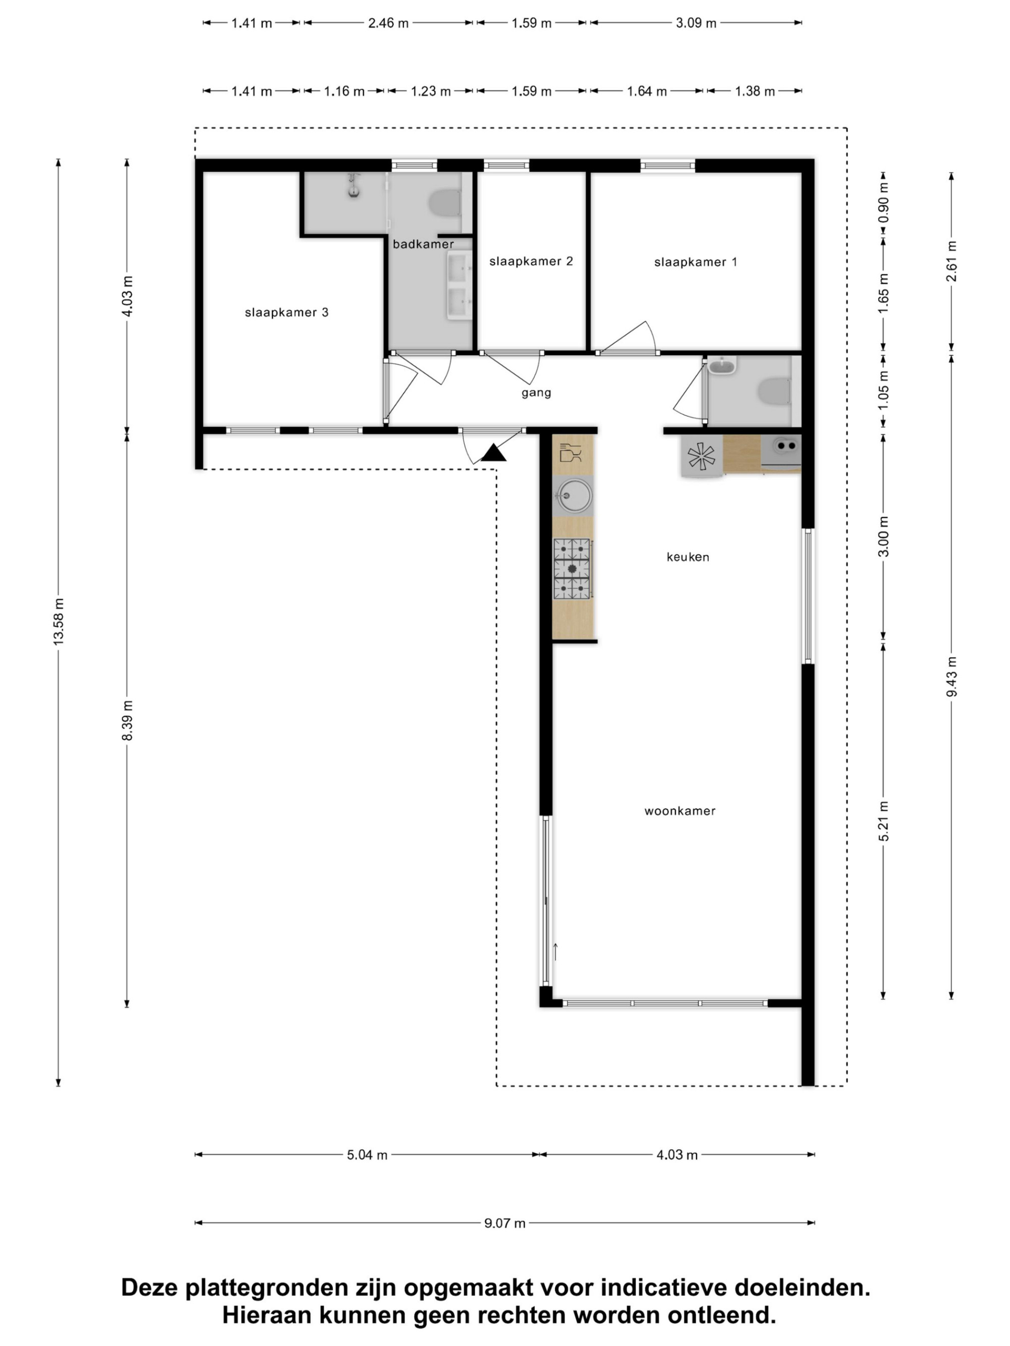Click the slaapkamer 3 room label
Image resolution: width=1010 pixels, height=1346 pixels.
tap(286, 312)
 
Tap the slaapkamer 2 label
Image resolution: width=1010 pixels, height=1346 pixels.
tap(531, 261)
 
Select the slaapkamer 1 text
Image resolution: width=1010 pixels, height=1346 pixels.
tap(695, 262)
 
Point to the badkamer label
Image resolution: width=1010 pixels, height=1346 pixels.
tap(423, 244)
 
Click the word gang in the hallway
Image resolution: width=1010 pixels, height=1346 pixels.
tap(536, 393)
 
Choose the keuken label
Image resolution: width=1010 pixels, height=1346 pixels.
tap(688, 557)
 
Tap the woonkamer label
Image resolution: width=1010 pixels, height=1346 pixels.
tap(680, 811)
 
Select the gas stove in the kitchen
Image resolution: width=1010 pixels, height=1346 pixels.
tap(572, 568)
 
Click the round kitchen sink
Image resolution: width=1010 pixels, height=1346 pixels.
tap(573, 497)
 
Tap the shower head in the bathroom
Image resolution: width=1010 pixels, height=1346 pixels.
tap(353, 186)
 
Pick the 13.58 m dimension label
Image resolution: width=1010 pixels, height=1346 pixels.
tap(59, 621)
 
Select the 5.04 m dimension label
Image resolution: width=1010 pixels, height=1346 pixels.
tap(367, 1155)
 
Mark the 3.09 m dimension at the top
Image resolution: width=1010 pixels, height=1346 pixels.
tap(696, 23)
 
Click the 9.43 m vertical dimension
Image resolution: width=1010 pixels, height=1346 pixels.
tap(951, 677)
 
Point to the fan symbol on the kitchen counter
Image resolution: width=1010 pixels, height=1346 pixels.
tap(701, 456)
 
